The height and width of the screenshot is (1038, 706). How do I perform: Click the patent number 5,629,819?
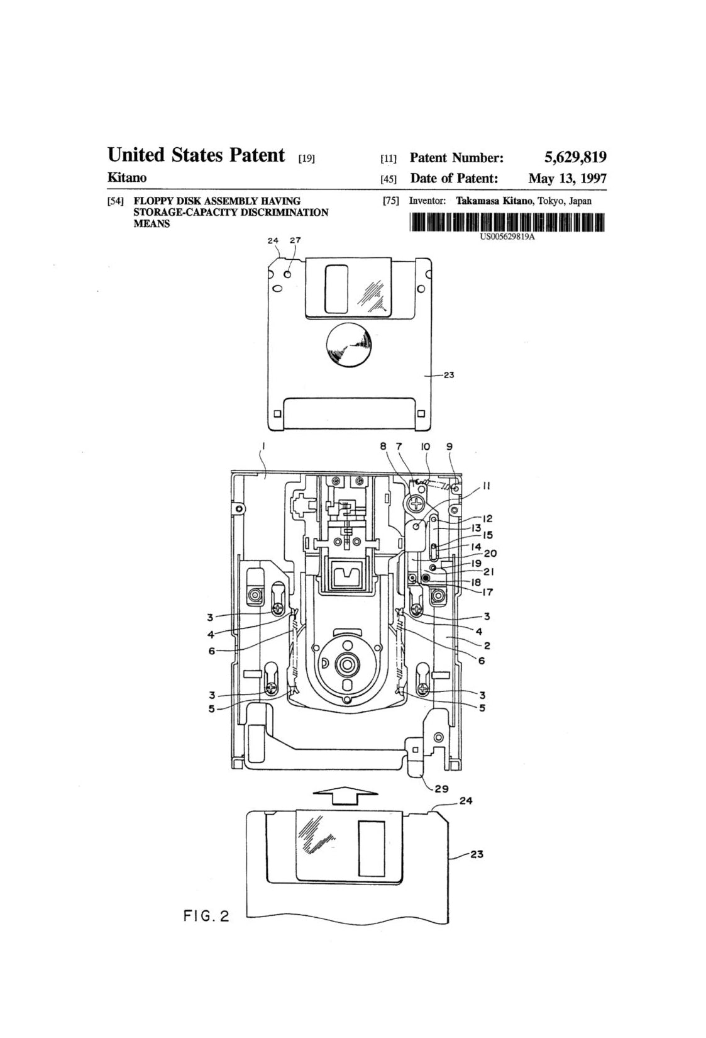pos(575,157)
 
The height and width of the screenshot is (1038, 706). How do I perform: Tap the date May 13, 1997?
pos(567,178)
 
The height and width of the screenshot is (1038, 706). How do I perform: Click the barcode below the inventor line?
pos(506,223)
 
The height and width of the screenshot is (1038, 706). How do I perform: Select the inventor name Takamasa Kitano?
pos(494,201)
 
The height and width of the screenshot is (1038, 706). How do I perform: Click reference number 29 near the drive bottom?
pos(441,790)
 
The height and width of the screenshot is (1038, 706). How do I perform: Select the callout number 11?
pos(487,486)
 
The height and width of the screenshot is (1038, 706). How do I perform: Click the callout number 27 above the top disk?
pos(295,240)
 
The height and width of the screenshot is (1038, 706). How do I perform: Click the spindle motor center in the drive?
pos(346,664)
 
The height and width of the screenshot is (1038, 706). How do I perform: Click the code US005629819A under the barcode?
pos(507,237)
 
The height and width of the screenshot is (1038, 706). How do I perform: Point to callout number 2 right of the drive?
pos(487,645)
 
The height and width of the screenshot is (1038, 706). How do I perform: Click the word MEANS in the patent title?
pos(152,224)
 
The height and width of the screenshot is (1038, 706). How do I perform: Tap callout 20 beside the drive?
pos(490,554)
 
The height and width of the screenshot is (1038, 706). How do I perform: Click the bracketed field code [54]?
pos(115,201)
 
